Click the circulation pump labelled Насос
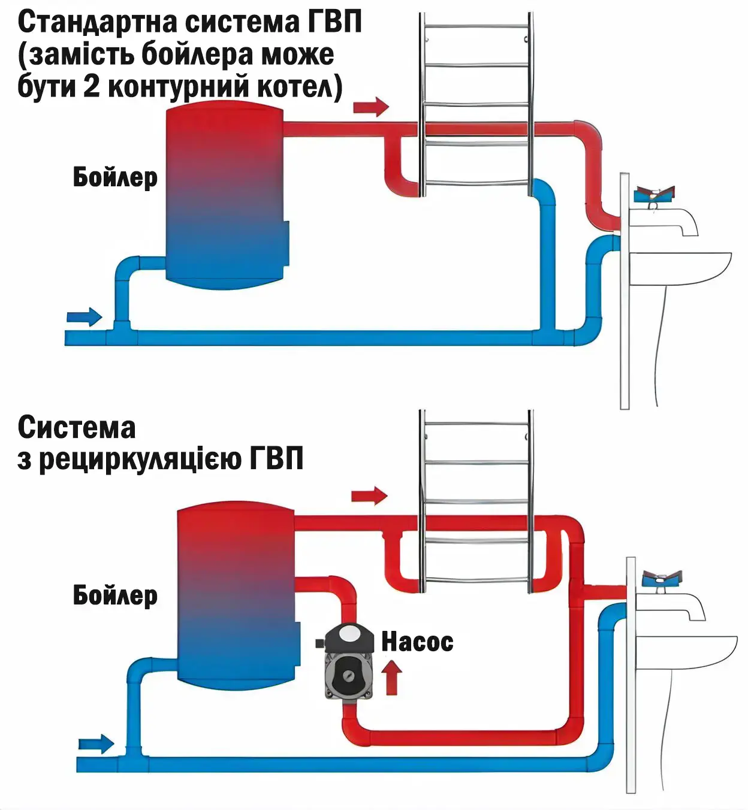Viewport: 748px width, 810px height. click(x=348, y=663)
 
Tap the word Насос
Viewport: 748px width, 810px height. click(x=417, y=642)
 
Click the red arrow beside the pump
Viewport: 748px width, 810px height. click(x=391, y=676)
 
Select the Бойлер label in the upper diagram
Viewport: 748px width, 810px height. click(x=115, y=177)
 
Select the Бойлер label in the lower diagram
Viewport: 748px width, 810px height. click(x=115, y=595)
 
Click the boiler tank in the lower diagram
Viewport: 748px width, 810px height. click(x=236, y=593)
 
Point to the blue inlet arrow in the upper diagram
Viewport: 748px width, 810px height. click(x=85, y=316)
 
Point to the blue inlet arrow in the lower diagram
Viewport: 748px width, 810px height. click(x=96, y=744)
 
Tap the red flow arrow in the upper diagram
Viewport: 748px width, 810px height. click(x=371, y=107)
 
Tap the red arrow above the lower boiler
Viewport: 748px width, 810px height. click(x=369, y=495)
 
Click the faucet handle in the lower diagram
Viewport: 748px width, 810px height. click(x=662, y=579)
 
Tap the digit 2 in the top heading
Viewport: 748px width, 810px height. click(x=91, y=86)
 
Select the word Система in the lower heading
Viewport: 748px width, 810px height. click(x=77, y=427)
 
